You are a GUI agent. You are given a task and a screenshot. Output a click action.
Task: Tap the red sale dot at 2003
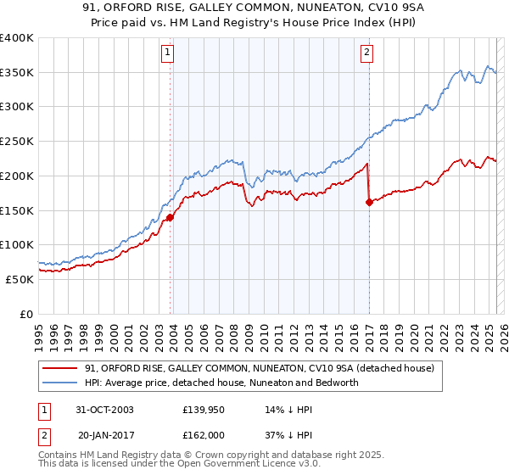[x=171, y=217]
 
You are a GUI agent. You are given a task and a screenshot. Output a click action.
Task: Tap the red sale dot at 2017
[x=369, y=202]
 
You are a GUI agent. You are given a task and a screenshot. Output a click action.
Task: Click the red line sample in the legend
[x=61, y=368]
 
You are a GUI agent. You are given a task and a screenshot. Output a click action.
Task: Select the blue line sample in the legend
[x=61, y=383]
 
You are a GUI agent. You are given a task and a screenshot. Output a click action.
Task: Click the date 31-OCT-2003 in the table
[x=105, y=409]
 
